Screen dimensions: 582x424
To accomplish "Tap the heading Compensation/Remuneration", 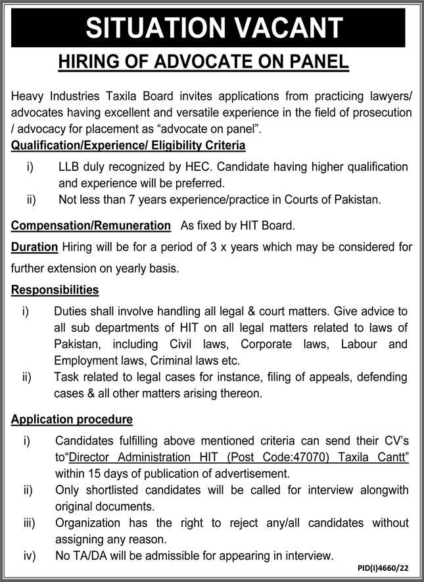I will tap(91, 225).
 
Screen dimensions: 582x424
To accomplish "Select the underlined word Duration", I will tap(35, 247).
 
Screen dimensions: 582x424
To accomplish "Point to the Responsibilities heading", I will tap(55, 289).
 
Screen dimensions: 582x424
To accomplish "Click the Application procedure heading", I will tap(72, 418).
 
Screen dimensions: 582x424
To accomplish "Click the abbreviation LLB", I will tap(70, 167).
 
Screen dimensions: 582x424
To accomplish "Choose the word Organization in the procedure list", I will tap(89, 523).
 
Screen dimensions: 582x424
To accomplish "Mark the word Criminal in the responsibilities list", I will tap(172, 361).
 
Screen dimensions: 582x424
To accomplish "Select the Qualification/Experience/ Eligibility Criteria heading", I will tap(128, 145).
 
